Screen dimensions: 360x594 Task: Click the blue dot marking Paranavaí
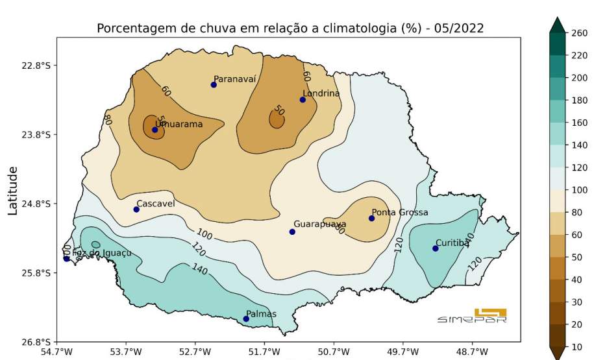click(x=214, y=84)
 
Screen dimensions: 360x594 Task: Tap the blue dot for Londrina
click(x=303, y=99)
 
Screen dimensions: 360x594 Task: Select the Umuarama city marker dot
click(x=155, y=130)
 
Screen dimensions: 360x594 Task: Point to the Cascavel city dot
click(x=136, y=209)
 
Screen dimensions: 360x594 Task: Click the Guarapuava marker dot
click(x=292, y=232)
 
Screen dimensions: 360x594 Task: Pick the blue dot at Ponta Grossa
click(x=371, y=218)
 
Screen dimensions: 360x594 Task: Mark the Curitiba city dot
click(x=436, y=248)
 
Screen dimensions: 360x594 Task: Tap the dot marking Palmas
click(x=246, y=318)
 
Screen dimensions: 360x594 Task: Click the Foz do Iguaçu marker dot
click(x=67, y=259)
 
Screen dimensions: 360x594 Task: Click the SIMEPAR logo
click(x=472, y=316)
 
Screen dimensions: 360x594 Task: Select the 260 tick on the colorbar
click(x=578, y=33)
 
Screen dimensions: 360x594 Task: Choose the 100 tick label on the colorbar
click(x=578, y=190)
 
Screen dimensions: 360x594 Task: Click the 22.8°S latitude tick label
click(x=36, y=66)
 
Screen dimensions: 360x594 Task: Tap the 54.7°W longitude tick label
click(x=57, y=352)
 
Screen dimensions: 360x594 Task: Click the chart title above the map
click(x=290, y=29)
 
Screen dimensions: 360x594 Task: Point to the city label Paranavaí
click(x=235, y=78)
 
